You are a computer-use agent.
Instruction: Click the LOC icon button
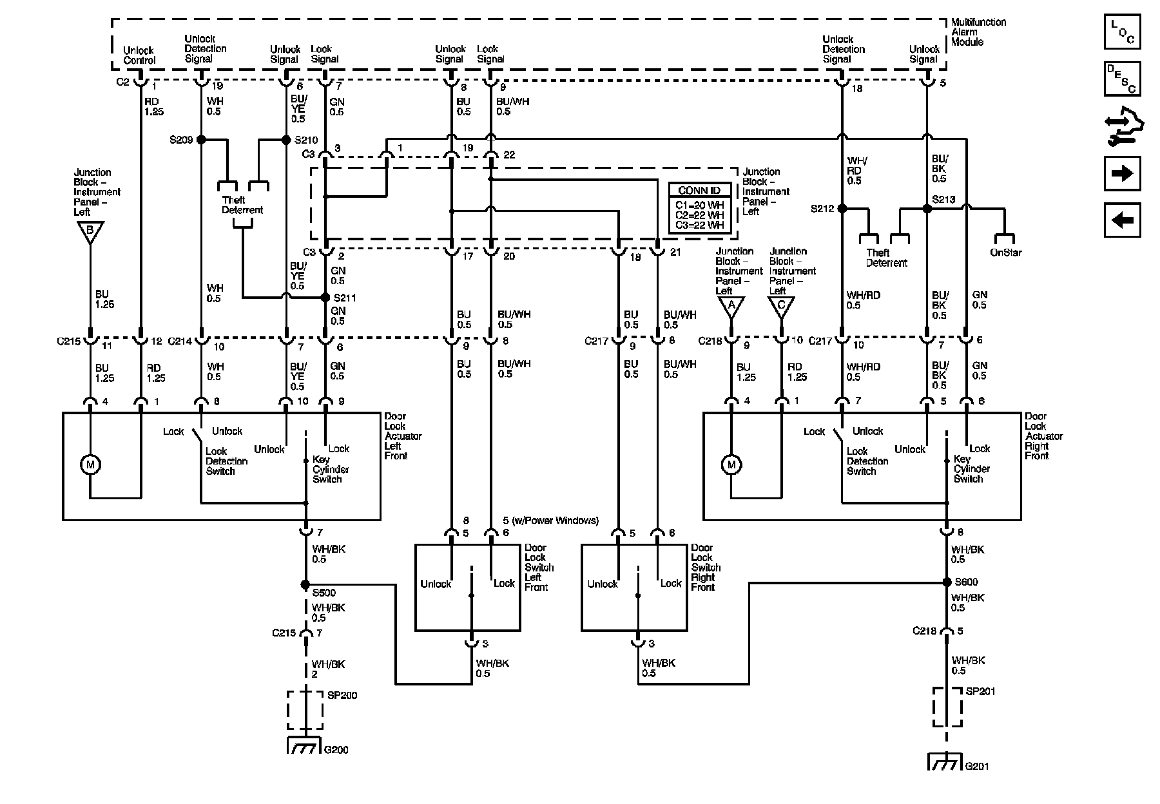1122,32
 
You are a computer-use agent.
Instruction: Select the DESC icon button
1122,79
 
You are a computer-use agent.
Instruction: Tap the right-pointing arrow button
1122,173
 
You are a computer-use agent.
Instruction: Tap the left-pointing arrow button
1122,220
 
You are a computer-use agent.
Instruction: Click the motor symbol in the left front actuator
90,464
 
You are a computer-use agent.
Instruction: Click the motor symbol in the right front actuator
731,464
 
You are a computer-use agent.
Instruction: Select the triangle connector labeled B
90,231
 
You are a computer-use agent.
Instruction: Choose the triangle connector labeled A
731,306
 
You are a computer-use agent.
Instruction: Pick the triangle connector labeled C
781,306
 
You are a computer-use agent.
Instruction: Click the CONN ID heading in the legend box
699,191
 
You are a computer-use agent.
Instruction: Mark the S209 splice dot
201,139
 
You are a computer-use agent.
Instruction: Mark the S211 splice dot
325,298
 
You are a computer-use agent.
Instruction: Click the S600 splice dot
947,582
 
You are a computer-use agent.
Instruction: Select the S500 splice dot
305,584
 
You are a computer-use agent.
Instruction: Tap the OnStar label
1005,253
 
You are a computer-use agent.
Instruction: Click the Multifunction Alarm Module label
978,32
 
